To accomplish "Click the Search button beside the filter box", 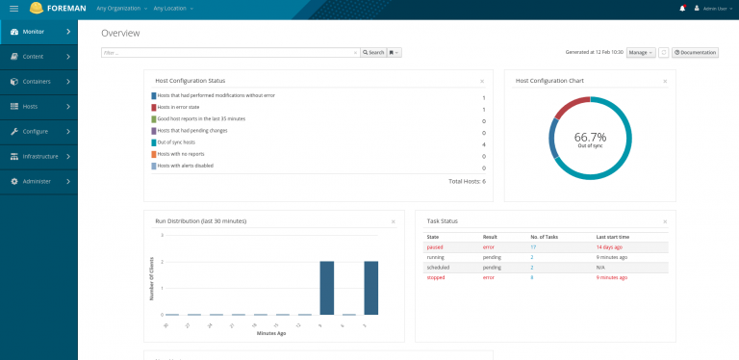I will (x=373, y=52).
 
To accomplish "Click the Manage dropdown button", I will (x=641, y=52).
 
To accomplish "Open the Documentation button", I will (x=695, y=52).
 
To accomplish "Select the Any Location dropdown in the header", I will (x=173, y=9).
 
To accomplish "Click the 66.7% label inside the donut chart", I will (x=590, y=137).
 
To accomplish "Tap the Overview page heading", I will (x=120, y=33).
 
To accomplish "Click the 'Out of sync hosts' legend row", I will (x=185, y=142).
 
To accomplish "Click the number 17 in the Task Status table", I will (x=533, y=246).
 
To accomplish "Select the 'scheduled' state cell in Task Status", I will (x=440, y=268).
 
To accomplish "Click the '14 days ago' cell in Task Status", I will (x=613, y=246).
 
